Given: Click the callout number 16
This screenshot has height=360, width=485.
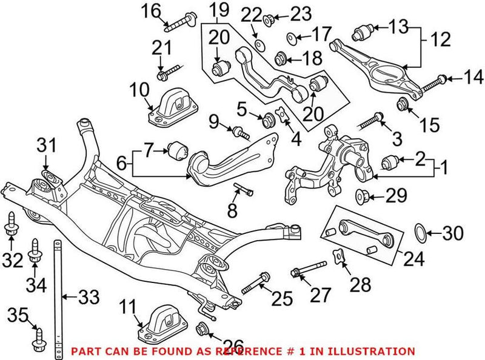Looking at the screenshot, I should coord(152,10).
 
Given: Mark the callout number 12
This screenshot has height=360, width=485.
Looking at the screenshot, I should coord(442,41).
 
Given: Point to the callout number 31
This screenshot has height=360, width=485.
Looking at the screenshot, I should coord(47,146).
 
